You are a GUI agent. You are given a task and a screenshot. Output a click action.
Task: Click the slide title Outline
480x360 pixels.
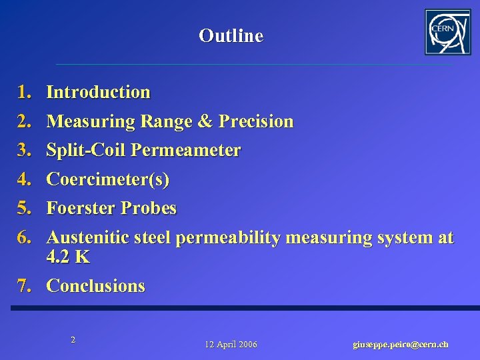tap(231, 36)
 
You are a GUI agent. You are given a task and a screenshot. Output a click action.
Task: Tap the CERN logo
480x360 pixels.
tap(447, 32)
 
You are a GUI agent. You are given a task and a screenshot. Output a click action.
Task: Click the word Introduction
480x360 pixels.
tap(99, 92)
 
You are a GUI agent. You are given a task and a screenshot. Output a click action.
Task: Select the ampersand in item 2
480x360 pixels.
tap(206, 121)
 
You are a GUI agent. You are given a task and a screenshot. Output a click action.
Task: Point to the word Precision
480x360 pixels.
tap(256, 121)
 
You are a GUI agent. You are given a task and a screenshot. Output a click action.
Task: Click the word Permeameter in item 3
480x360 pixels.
tap(186, 150)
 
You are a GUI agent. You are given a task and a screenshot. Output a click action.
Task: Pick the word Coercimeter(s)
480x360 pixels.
tap(108, 179)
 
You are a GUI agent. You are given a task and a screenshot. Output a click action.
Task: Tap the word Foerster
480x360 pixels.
tap(81, 209)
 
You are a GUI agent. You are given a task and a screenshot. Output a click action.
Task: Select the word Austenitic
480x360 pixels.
tap(87, 237)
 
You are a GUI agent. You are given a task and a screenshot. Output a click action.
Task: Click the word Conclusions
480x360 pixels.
tap(96, 286)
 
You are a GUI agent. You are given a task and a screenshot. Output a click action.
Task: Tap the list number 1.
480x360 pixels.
tap(25, 92)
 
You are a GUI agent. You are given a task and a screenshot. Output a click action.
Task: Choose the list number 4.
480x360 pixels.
tap(25, 179)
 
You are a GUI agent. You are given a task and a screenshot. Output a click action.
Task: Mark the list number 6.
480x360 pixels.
tap(25, 237)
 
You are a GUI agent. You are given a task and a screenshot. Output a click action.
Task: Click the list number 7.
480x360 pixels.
tap(25, 286)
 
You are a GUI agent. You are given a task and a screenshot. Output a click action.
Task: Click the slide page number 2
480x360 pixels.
tap(73, 339)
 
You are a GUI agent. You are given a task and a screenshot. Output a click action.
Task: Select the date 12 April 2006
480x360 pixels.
tap(231, 345)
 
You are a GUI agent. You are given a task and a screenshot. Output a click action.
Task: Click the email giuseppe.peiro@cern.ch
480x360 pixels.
tap(400, 345)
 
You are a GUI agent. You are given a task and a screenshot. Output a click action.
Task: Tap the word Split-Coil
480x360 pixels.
tap(86, 150)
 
